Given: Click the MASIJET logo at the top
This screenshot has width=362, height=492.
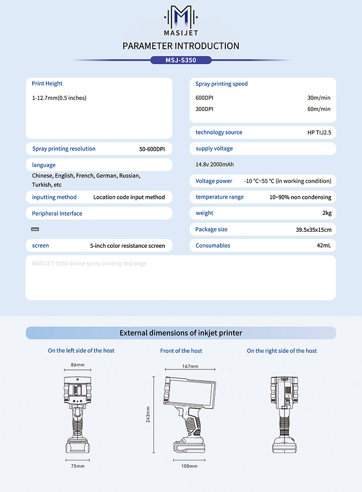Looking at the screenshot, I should click(x=181, y=21).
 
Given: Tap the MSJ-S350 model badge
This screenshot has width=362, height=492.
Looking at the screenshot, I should click(x=181, y=60).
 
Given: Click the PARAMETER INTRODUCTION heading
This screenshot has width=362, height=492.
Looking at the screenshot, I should click(x=181, y=46).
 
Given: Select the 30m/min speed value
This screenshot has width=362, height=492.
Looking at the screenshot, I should click(x=318, y=98).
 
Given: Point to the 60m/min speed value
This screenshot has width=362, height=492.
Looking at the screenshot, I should click(x=318, y=109).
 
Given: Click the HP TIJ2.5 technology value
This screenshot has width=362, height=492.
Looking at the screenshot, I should click(x=319, y=132).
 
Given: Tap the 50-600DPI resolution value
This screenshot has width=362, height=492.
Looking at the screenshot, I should click(x=152, y=149).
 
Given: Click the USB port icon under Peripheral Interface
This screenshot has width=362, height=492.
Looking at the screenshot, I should click(x=35, y=229).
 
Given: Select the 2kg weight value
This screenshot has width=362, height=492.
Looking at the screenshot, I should click(x=326, y=213).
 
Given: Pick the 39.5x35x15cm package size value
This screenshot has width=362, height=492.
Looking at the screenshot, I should click(x=313, y=229).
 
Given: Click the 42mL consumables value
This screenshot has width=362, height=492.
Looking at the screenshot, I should click(x=324, y=246).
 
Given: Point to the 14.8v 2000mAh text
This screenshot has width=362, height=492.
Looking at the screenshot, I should click(x=214, y=164).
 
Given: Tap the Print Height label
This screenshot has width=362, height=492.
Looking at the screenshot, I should click(x=47, y=84).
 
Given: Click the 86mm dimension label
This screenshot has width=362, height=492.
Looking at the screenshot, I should click(x=77, y=365).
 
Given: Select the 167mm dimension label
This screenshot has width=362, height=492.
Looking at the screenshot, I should click(x=190, y=366).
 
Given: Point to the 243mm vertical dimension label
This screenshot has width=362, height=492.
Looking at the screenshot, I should click(x=148, y=414).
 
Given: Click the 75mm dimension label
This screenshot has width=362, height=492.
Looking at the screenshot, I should click(x=77, y=466).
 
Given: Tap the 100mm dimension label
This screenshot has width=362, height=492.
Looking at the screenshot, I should click(x=190, y=466).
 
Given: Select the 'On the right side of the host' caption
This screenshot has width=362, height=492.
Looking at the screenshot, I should click(x=282, y=351).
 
